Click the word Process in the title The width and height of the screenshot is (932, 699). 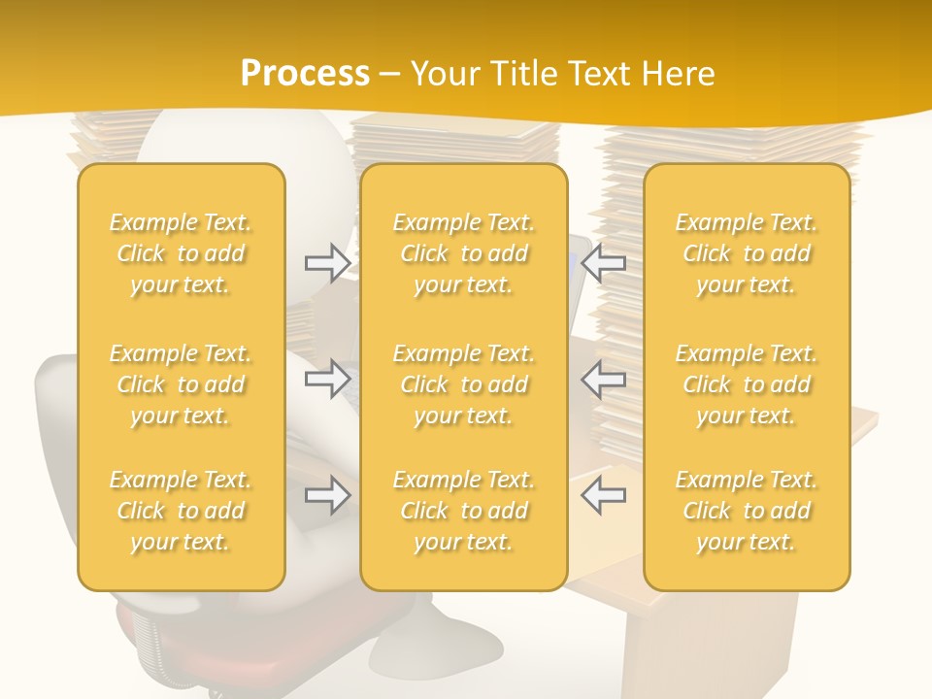click(305, 73)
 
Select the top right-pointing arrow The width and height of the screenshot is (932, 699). click(327, 263)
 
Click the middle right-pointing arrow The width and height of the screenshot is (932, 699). click(327, 379)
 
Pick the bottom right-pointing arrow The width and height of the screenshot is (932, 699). click(327, 495)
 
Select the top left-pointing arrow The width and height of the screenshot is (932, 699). click(604, 263)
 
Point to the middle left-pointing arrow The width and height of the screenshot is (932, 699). click(604, 379)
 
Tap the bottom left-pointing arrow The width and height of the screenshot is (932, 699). click(604, 495)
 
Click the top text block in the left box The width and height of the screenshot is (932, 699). click(181, 253)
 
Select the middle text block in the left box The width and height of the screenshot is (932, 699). click(181, 384)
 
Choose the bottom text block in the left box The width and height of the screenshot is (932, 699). click(181, 511)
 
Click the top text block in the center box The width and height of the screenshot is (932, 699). click(464, 253)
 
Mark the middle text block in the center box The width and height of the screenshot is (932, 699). click(464, 384)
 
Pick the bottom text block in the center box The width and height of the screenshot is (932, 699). click(464, 511)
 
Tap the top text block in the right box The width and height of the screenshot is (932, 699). click(747, 253)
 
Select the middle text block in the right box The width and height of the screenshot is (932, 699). click(747, 384)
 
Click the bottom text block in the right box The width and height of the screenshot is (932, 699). click(747, 511)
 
